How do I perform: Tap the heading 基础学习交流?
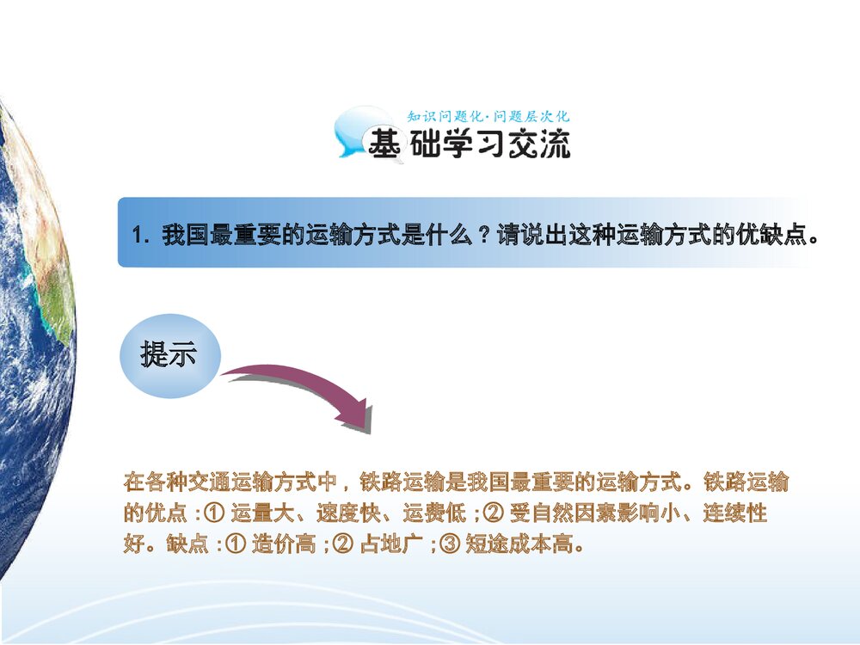(x=469, y=144)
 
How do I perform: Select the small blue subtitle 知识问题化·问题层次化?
(x=488, y=116)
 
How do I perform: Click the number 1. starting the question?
(x=140, y=236)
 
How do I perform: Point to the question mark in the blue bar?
(x=483, y=236)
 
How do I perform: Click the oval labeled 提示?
(x=170, y=355)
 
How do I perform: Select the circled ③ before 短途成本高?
(x=449, y=544)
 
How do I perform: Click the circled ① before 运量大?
(x=214, y=513)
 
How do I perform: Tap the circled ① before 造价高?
(x=236, y=544)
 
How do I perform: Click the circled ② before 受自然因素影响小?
(x=493, y=513)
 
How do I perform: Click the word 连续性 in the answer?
(x=735, y=513)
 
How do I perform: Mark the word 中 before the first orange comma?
(x=327, y=482)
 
